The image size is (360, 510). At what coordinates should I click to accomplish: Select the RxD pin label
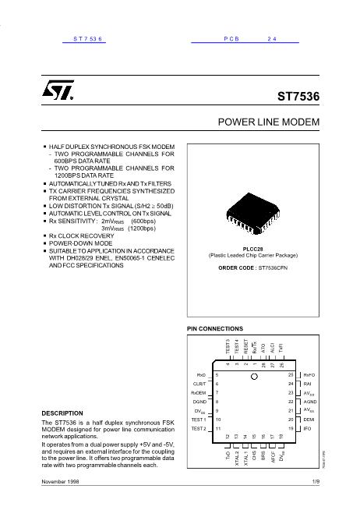(x=200, y=375)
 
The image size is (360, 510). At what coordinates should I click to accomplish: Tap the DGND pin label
(x=198, y=402)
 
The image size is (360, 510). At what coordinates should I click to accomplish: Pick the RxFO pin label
(x=309, y=375)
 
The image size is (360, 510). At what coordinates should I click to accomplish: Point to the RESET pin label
(x=245, y=345)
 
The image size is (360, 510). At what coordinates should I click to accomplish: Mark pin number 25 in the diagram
(x=290, y=375)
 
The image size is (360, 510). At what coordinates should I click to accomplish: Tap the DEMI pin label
(x=309, y=420)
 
